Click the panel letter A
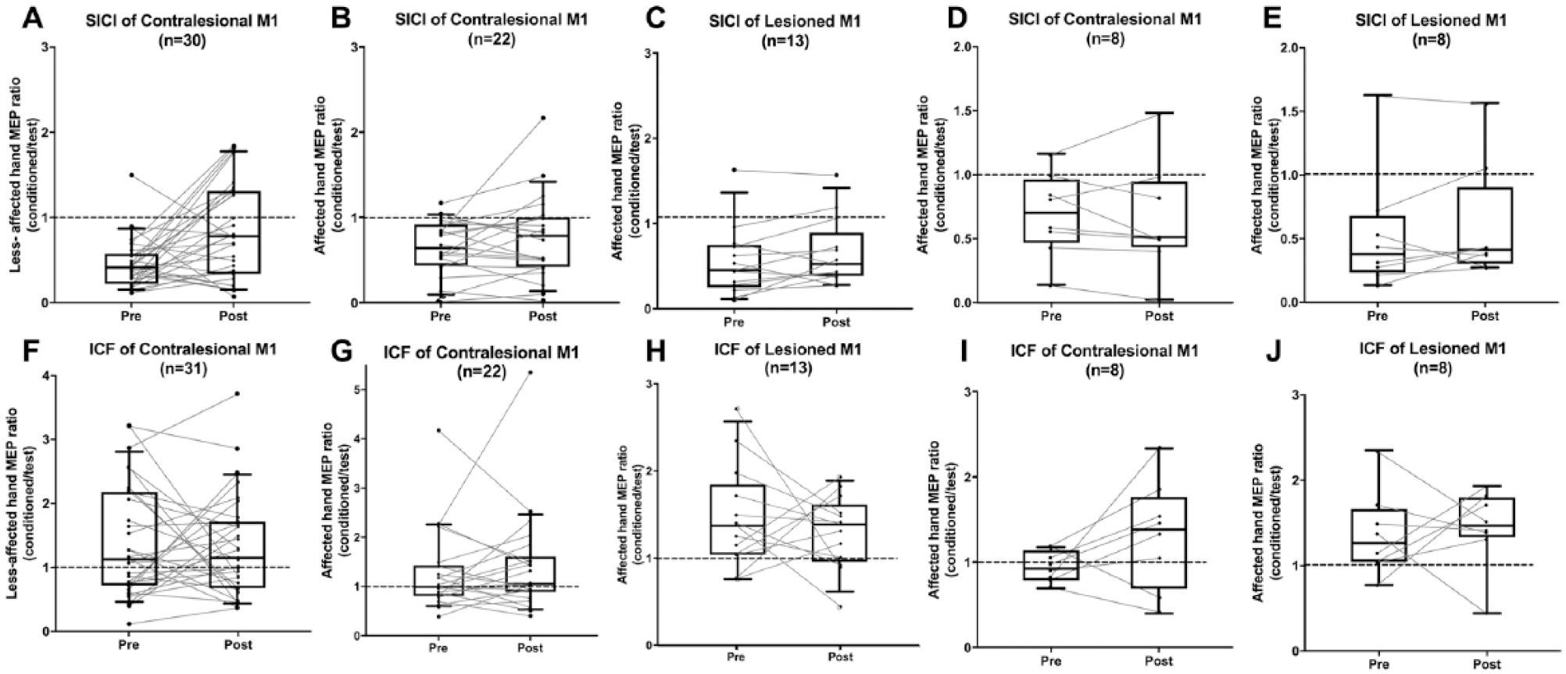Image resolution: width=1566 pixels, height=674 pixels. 32,17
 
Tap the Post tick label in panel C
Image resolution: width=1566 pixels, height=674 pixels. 836,322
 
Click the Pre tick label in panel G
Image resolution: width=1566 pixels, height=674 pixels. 438,648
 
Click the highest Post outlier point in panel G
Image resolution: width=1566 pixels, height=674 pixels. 531,372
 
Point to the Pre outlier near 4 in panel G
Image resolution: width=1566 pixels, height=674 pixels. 438,430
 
